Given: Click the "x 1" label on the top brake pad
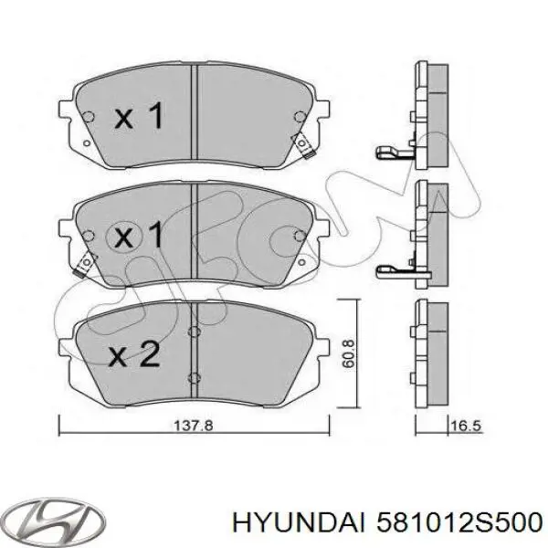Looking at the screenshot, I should click(x=140, y=117).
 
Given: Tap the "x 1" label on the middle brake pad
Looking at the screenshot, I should click(x=140, y=237).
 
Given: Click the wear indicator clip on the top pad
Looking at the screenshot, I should click(x=300, y=143).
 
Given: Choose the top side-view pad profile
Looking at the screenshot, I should click(x=428, y=114).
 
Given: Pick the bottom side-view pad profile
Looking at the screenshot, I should click(x=428, y=352).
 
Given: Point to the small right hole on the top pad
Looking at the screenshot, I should click(x=300, y=115).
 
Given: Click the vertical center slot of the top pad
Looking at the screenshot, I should click(x=195, y=114).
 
